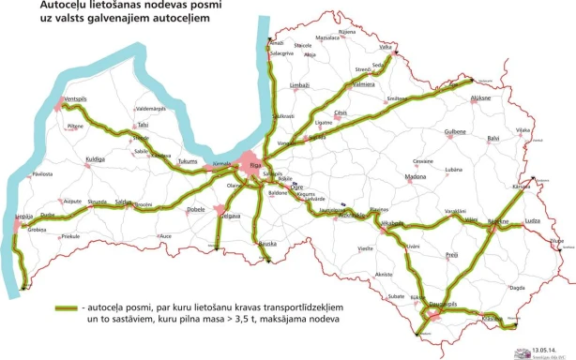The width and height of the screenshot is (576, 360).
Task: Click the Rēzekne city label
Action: pos(497,221)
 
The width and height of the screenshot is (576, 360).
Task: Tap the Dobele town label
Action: pos(196,210)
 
